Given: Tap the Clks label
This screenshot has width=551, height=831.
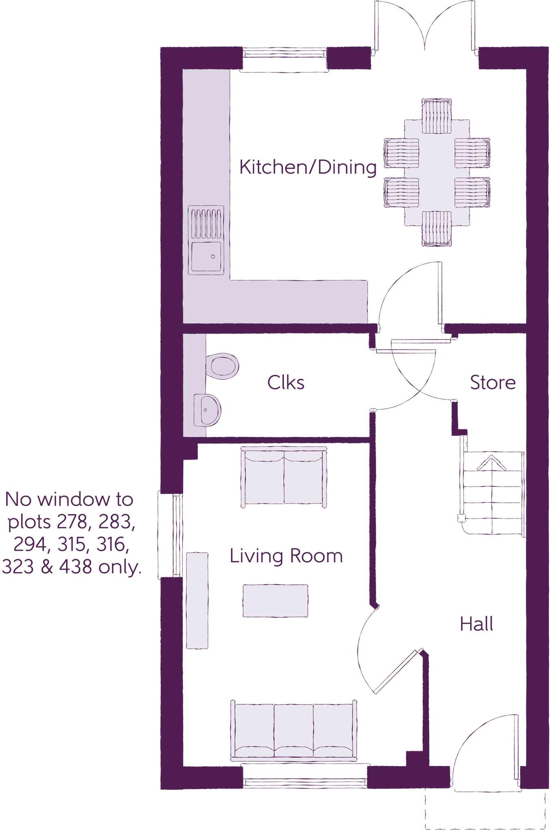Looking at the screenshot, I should click(x=285, y=383).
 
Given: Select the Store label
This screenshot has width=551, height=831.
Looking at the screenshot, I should click(x=493, y=383).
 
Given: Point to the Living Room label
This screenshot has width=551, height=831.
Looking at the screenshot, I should click(x=286, y=556).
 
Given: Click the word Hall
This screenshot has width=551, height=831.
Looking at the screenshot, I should click(x=476, y=624).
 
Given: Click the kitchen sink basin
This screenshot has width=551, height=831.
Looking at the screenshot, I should click(x=206, y=257).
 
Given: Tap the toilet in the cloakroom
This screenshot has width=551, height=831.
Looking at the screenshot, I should click(x=223, y=366).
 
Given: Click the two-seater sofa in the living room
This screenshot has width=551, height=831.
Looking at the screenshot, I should click(x=284, y=477).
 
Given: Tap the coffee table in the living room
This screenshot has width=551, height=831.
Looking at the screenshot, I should click(x=275, y=601).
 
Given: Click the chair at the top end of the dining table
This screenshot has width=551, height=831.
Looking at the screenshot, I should click(x=436, y=116).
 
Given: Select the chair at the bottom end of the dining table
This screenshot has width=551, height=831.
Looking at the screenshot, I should click(x=436, y=229).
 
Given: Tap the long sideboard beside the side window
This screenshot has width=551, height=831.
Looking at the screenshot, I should click(x=197, y=600).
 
